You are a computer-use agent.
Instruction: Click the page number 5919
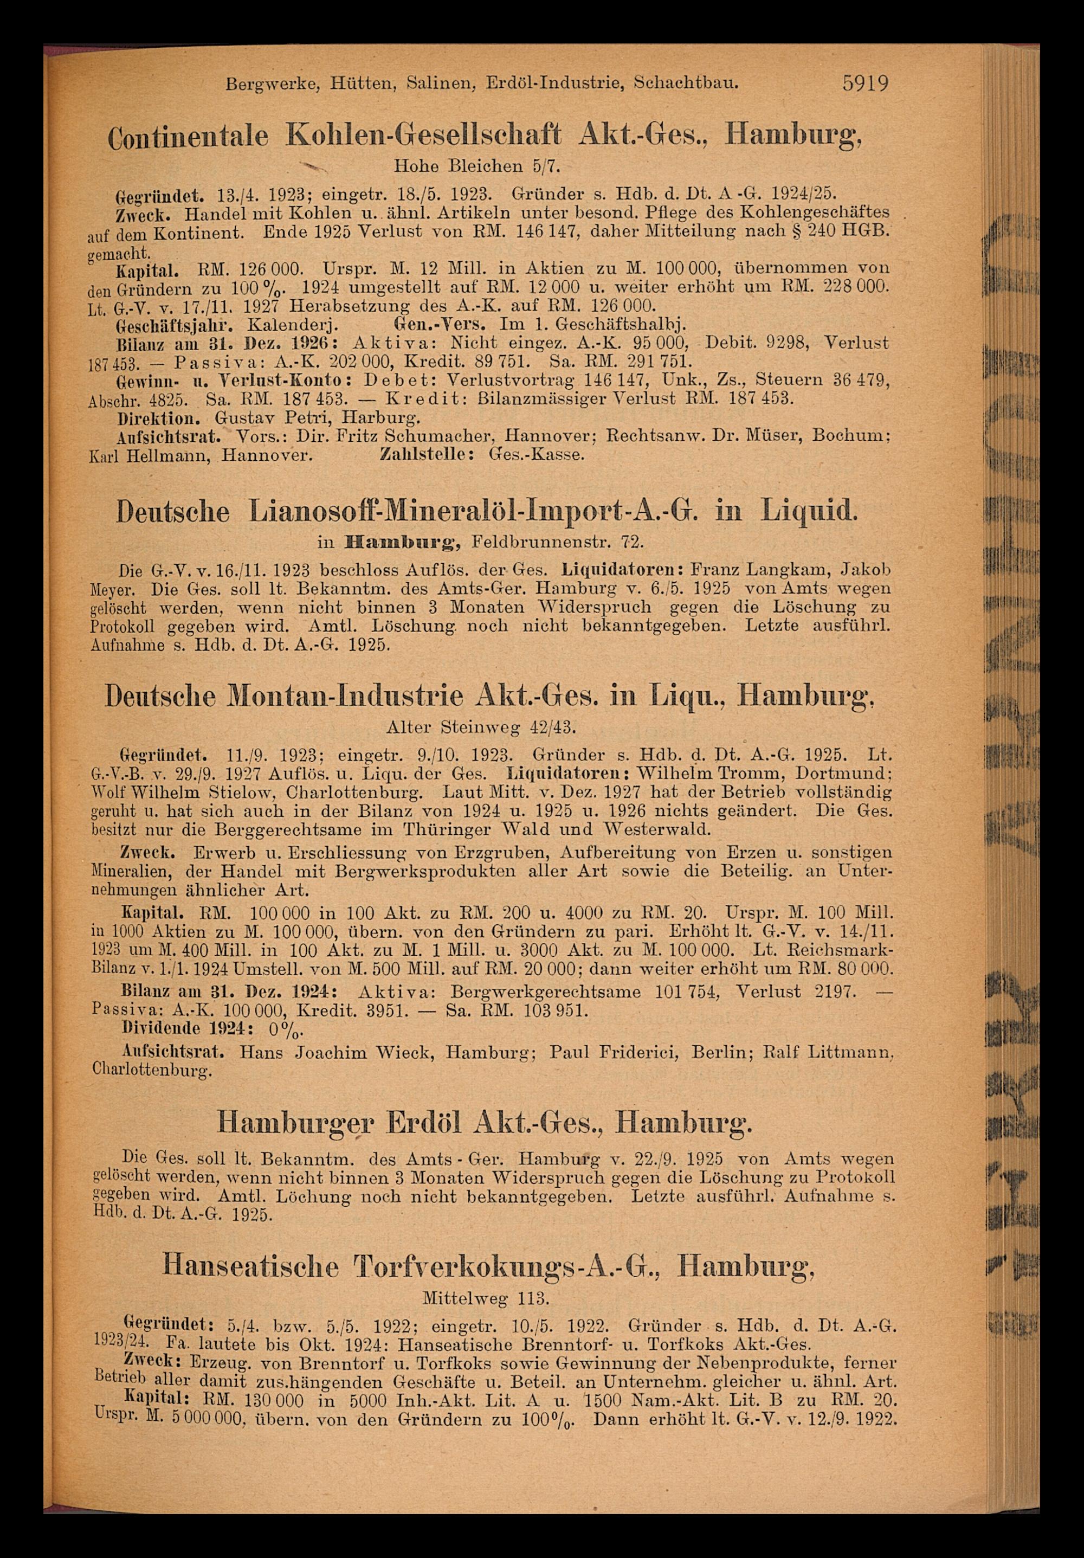point(865,84)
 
